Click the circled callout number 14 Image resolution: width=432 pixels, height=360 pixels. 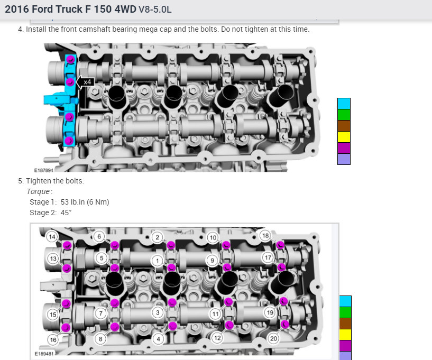pos(52,237)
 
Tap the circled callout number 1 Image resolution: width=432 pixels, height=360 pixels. pos(158,261)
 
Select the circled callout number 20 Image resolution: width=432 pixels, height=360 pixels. pos(273,338)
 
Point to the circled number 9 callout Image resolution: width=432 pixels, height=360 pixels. pos(212,261)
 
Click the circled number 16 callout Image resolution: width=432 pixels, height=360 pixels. pos(53,339)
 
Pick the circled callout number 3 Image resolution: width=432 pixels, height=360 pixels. pos(158,312)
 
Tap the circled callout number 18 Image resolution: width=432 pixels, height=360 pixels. pos(265,235)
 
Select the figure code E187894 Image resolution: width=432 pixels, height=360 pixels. pos(43,170)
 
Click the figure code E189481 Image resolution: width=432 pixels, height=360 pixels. pos(44,354)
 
